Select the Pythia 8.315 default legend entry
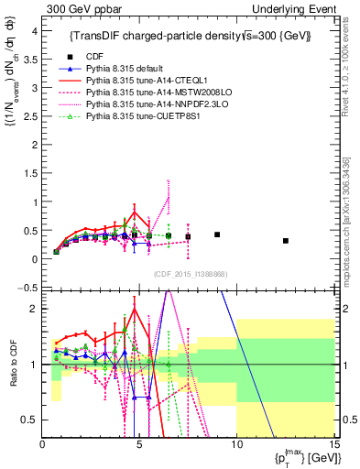pyautogui.click(x=128, y=70)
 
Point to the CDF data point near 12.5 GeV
pyautogui.click(x=287, y=241)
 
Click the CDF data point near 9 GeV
pyautogui.click(x=217, y=234)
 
